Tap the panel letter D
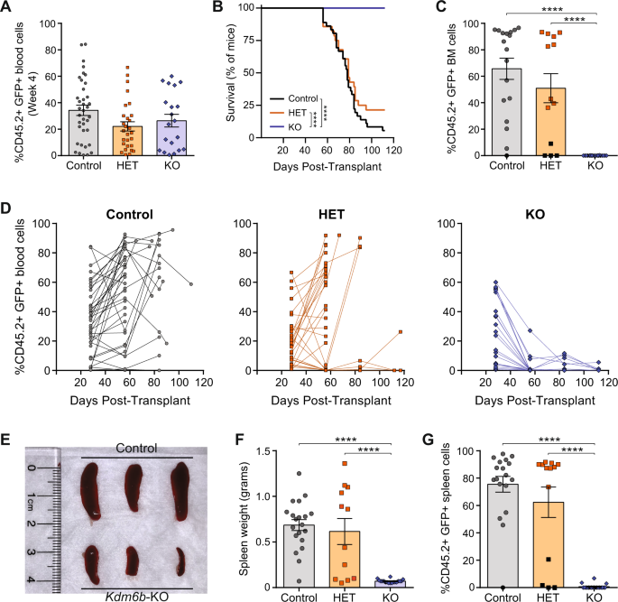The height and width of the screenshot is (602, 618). coord(7,206)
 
